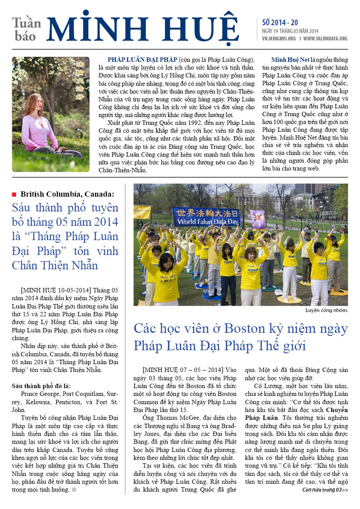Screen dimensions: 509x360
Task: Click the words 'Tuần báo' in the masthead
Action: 26,29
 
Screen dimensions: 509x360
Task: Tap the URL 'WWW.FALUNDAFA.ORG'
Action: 325,38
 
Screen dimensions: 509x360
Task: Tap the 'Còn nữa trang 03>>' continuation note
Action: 325,490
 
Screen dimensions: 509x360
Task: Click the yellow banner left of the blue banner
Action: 142,212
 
